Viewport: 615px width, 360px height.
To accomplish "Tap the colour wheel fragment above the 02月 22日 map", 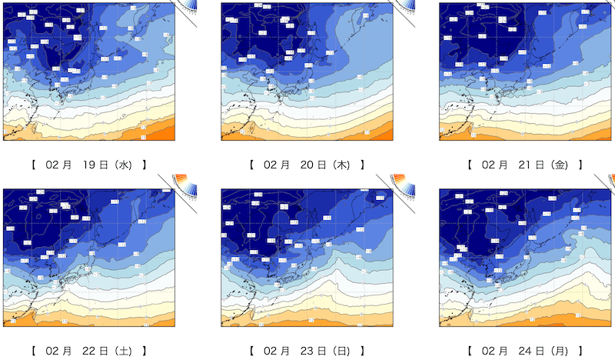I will point(184,182).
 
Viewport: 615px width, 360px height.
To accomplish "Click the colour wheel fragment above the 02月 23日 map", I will point(402,182).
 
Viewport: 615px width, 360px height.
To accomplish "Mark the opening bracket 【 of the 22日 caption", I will point(35,351).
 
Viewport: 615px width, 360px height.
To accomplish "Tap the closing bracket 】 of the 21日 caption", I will point(579,165).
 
